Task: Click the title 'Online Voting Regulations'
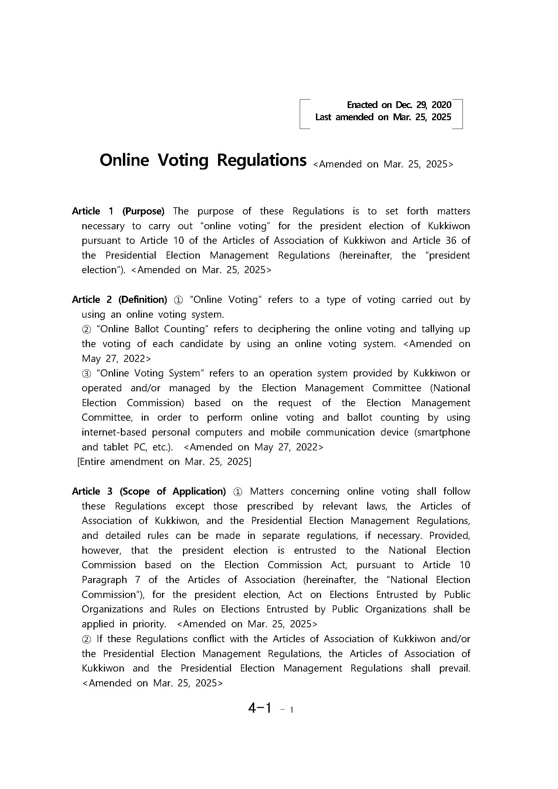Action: pos(203,160)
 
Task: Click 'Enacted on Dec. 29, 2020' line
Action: pos(399,105)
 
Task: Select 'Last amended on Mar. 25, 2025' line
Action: pos(383,117)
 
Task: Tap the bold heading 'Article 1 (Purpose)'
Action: pos(118,211)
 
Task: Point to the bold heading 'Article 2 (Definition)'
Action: pos(119,300)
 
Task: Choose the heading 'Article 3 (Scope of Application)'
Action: pos(149,492)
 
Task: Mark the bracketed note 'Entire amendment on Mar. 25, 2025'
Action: pos(164,462)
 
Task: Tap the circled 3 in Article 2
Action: pos(86,373)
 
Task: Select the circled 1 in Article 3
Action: pos(237,492)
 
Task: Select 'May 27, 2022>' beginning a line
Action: pos(116,359)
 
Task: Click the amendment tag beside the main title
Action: pos(383,164)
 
